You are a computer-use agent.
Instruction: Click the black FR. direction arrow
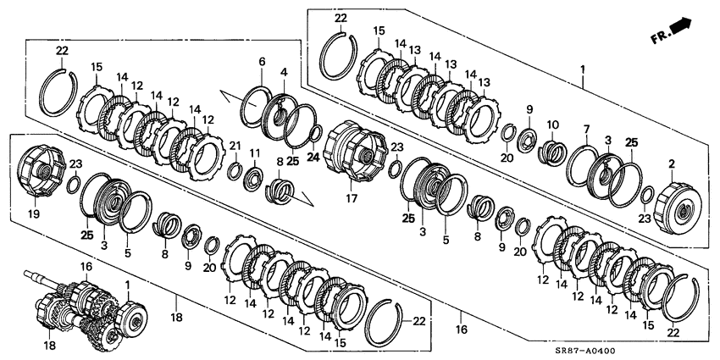click(x=683, y=30)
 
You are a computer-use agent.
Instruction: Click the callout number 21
click(x=235, y=146)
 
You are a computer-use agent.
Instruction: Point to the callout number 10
click(x=552, y=125)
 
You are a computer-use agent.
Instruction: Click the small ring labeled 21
click(x=235, y=171)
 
